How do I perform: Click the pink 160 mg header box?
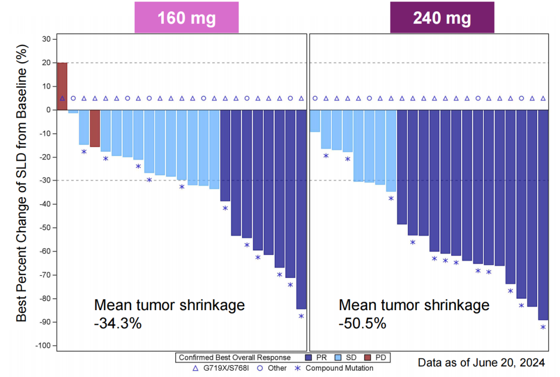186,18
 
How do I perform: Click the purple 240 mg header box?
442,18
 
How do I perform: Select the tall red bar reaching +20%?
62,86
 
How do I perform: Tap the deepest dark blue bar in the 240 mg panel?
543,215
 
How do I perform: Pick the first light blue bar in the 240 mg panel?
315,121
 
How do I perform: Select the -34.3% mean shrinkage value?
118,324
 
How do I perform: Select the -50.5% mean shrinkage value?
362,324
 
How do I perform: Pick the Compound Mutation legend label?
339,368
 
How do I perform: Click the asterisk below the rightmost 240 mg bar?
543,327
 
